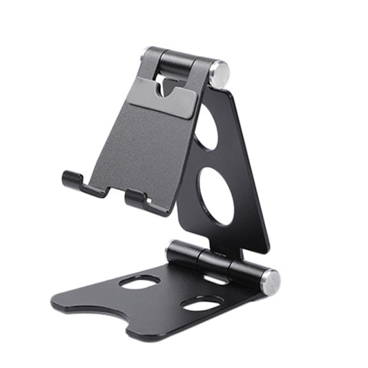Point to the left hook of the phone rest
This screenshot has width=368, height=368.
(73, 181)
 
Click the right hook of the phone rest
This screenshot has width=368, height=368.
(136, 199)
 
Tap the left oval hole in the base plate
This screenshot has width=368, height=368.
(139, 282)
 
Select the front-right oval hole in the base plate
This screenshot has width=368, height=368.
(202, 303)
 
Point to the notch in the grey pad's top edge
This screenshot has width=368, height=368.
(166, 87)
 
